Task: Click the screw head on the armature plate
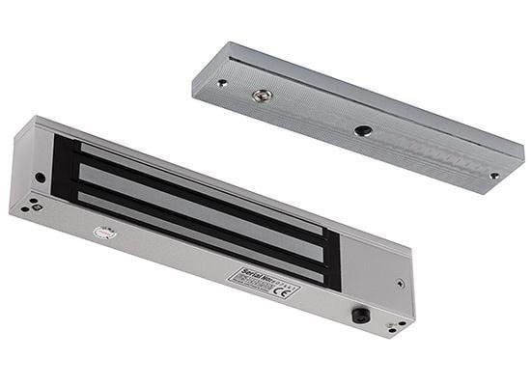[x=259, y=96]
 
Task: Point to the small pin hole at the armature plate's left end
[x=222, y=83]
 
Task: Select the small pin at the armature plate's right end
[x=493, y=176]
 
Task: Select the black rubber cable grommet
[x=360, y=315]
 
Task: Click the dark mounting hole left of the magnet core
[x=40, y=178]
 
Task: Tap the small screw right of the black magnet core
[x=400, y=284]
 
